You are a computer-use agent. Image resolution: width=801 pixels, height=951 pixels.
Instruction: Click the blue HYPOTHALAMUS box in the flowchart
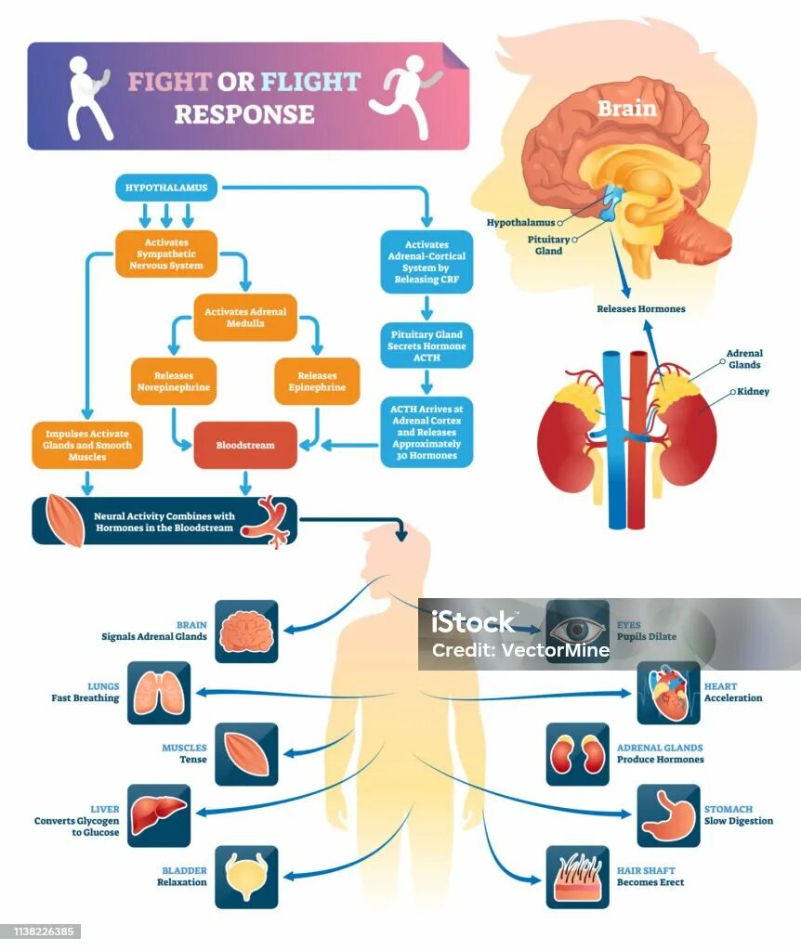pyautogui.click(x=167, y=188)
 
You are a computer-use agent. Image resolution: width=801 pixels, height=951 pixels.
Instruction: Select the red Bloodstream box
pyautogui.click(x=245, y=445)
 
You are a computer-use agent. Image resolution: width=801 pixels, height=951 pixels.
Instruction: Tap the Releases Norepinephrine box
pyautogui.click(x=173, y=381)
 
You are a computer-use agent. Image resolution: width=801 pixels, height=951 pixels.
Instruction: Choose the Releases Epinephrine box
pyautogui.click(x=317, y=381)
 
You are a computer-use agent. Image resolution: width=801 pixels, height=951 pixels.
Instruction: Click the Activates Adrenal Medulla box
pyautogui.click(x=245, y=318)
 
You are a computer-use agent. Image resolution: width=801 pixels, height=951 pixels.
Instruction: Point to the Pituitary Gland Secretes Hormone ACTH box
pyautogui.click(x=427, y=345)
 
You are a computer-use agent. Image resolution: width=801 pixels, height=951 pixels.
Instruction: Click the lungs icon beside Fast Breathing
pyautogui.click(x=158, y=693)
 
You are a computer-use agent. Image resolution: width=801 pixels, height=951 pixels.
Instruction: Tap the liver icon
pyautogui.click(x=158, y=815)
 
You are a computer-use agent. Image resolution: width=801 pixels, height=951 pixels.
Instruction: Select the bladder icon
pyautogui.click(x=246, y=877)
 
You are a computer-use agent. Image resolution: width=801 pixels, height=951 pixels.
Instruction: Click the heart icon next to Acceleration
pyautogui.click(x=668, y=693)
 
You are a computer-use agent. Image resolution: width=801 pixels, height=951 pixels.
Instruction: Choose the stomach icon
pyautogui.click(x=668, y=815)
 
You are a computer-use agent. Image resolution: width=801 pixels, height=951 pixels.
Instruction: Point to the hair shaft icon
pyautogui.click(x=577, y=877)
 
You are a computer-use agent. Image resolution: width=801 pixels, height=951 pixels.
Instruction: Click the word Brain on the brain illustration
pyautogui.click(x=626, y=109)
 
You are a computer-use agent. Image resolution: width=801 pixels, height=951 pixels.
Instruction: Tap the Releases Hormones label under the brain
pyautogui.click(x=640, y=308)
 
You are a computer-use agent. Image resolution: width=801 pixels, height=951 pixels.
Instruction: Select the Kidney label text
pyautogui.click(x=754, y=392)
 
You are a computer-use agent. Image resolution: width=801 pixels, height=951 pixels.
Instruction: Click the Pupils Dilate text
pyautogui.click(x=647, y=637)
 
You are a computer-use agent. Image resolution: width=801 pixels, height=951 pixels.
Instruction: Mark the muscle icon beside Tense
pyautogui.click(x=246, y=754)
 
